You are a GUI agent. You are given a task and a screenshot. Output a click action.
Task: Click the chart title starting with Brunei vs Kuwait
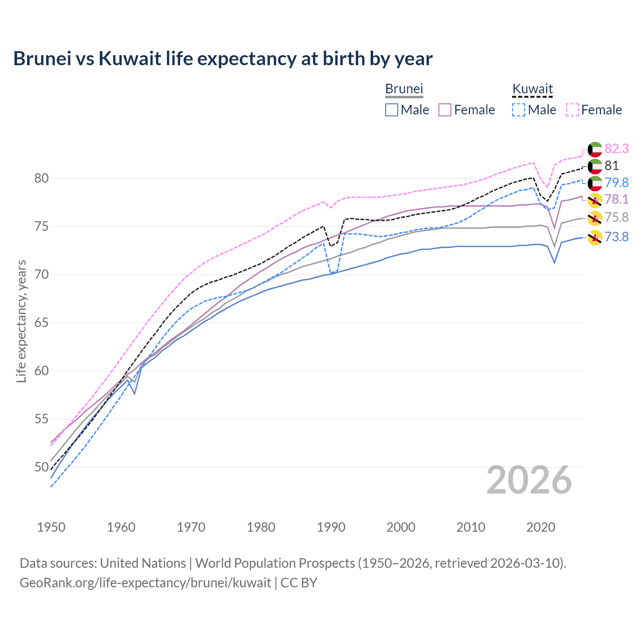223,59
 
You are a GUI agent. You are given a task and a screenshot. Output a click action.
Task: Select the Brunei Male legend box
392,110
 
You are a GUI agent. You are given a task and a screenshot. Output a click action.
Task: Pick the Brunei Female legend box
445,110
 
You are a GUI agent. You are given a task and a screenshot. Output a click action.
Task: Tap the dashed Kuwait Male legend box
519,110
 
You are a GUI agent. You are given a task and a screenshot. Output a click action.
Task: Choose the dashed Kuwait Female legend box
572,110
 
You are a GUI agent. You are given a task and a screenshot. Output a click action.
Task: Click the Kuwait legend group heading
532,89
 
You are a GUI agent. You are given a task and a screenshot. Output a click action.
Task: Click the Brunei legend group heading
404,89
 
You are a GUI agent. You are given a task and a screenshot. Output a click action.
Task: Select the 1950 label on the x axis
51,527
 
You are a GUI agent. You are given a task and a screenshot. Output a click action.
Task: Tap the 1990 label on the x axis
331,527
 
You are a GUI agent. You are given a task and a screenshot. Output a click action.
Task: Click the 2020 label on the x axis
541,527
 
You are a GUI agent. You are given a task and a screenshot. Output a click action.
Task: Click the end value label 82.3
616,148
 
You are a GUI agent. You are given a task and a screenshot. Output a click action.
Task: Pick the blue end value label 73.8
616,237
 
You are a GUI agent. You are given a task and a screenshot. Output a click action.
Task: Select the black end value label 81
611,166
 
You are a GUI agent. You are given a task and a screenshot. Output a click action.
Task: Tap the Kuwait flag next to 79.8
595,183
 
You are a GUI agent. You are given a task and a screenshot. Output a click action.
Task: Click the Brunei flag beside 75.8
595,218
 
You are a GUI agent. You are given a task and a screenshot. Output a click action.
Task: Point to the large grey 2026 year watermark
529,480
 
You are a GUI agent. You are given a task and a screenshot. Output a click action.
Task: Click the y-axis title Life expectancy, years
22,321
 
